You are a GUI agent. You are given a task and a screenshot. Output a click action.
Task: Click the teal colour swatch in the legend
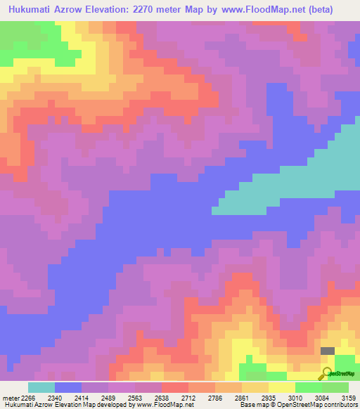pyautogui.click(x=41, y=387)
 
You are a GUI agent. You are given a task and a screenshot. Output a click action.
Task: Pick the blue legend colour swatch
pyautogui.click(x=68, y=387)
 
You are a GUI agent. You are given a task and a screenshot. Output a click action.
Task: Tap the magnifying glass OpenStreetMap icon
pyautogui.click(x=327, y=373)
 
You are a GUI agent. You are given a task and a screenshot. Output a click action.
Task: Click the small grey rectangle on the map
pyautogui.click(x=328, y=350)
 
